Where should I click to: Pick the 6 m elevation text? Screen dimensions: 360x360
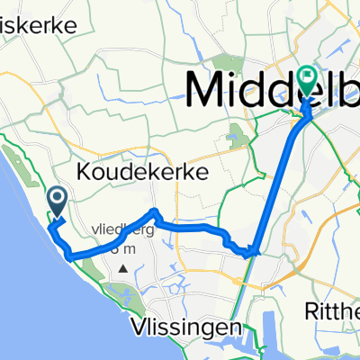click(122, 245)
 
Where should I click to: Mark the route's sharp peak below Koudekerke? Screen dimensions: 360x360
click(155, 212)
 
